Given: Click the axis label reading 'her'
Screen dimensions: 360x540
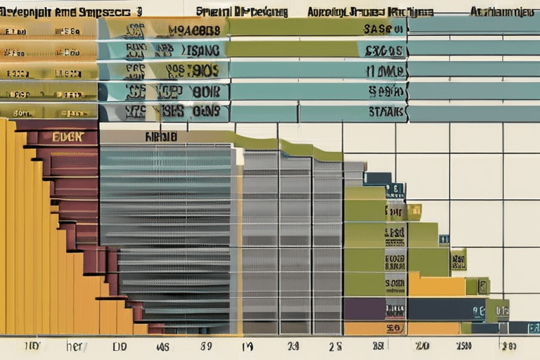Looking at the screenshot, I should tap(75, 346).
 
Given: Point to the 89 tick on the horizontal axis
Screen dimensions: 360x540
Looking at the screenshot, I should tap(206, 346).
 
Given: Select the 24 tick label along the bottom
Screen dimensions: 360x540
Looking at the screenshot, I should tap(293, 346).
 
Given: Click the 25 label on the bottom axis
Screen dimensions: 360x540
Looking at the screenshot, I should tap(336, 346).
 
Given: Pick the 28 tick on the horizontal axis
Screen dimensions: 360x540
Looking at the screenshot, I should tap(379, 346).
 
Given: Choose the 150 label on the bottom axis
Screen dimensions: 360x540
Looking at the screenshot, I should tap(463, 346).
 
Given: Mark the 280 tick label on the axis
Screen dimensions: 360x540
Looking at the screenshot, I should tap(508, 346).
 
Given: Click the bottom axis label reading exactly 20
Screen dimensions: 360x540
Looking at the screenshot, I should tap(422, 346).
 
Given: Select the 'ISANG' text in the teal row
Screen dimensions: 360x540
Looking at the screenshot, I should tap(204, 50).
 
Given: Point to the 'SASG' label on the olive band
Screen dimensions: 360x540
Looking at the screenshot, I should tap(384, 30).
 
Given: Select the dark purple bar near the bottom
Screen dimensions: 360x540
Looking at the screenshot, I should tap(365, 309).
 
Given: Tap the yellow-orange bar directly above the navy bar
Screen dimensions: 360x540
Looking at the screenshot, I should tap(436, 285).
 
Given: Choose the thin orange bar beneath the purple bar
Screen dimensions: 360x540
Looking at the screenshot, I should tap(365, 328).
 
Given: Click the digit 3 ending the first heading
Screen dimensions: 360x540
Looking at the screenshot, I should tap(139, 11).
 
